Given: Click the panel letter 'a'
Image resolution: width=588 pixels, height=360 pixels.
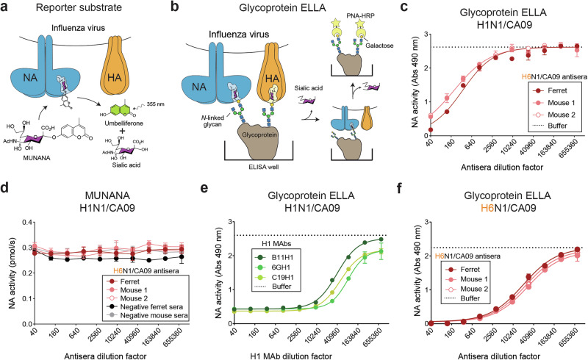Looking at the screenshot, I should pos(6,8).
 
